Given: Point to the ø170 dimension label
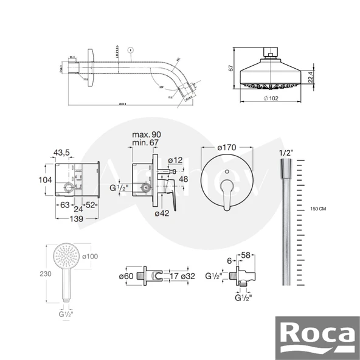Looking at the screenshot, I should tap(225, 147).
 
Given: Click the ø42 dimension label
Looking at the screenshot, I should tap(161, 213).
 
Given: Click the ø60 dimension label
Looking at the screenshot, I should tap(127, 277).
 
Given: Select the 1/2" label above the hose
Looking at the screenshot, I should tap(285, 152).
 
